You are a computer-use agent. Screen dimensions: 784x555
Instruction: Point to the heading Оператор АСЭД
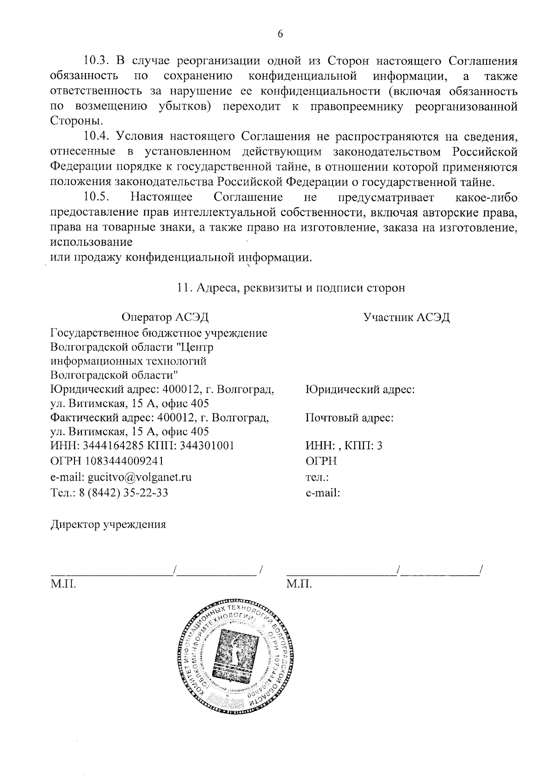pyautogui.click(x=165, y=317)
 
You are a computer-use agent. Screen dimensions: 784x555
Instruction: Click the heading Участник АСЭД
pyautogui.click(x=407, y=317)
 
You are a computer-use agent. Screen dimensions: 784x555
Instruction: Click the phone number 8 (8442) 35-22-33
pyautogui.click(x=124, y=492)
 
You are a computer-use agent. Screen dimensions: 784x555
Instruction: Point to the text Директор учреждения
pyautogui.click(x=108, y=525)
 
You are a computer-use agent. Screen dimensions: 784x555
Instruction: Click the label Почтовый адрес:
pyautogui.click(x=350, y=418)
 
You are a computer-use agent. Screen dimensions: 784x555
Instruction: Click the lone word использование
pyautogui.click(x=91, y=242)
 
